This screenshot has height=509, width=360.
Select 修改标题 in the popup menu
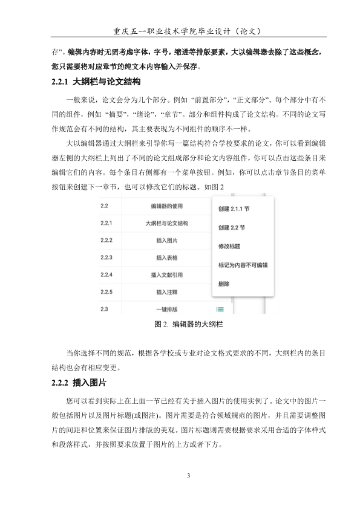pos(229,247)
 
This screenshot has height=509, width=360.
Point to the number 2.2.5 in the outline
pos(107,293)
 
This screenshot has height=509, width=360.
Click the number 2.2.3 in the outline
pos(107,258)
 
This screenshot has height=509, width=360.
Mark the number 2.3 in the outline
pos(105,310)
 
